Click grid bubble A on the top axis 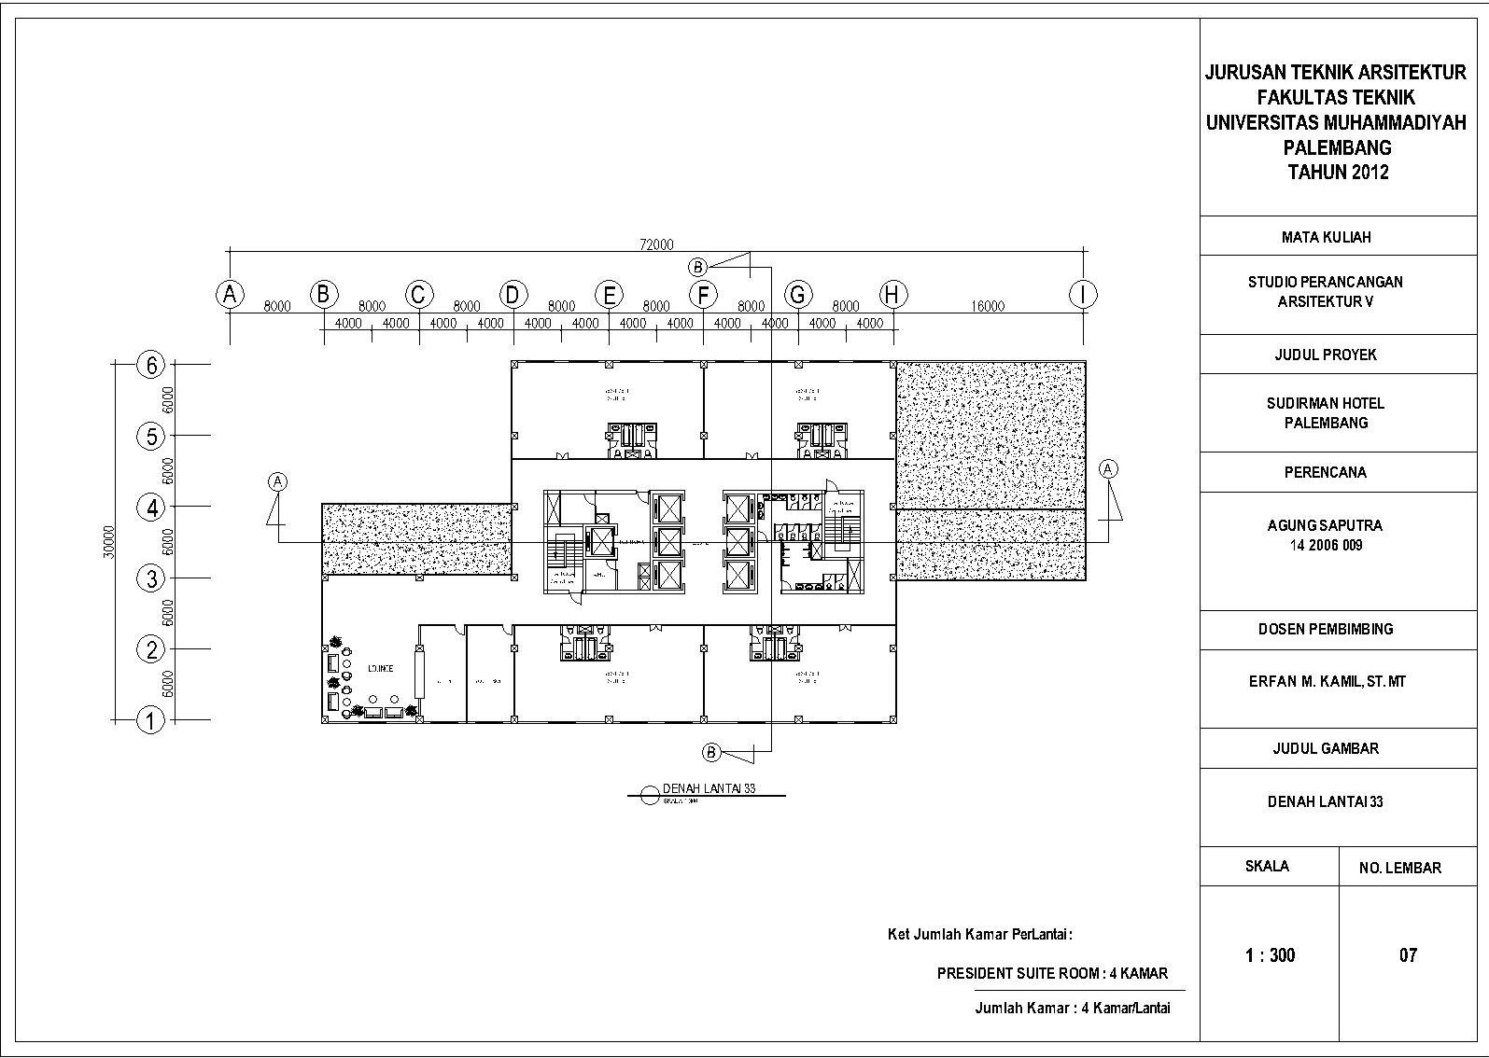pos(230,295)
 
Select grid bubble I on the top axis pos(1083,295)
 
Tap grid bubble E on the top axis pos(609,295)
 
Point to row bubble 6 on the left pos(151,365)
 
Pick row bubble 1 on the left pos(151,720)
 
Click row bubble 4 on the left pos(151,508)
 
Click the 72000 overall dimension pos(656,244)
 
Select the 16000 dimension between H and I pos(988,306)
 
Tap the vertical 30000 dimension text pos(109,541)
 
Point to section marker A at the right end pos(1108,468)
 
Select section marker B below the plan pos(711,751)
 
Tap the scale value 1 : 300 pos(1270,955)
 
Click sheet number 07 pos(1408,955)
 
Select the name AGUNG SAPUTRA pos(1325,525)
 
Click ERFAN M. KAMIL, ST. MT pos(1327,682)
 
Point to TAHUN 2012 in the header pos(1337,173)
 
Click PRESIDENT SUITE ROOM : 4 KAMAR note pos(1052,973)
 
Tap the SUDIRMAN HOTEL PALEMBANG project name pos(1326,412)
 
